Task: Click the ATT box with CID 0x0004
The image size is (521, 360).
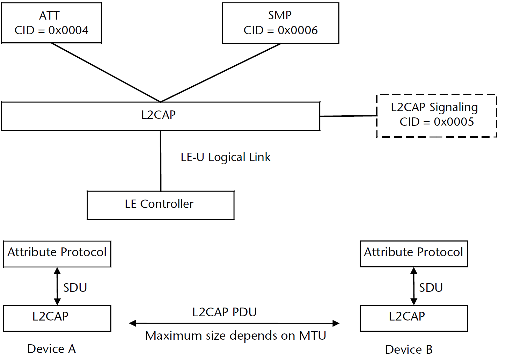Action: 51,23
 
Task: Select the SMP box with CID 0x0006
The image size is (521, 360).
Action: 280,23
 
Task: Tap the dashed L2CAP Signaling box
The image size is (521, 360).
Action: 436,115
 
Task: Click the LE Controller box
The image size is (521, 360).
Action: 160,205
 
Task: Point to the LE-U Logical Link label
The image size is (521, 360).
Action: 225,157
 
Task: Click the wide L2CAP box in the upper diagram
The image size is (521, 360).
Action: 160,116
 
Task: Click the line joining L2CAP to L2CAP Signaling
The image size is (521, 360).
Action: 348,116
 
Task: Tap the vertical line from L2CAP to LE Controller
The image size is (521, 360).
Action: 161,161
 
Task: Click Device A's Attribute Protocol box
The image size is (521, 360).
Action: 57,254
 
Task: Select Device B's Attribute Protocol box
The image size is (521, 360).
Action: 413,254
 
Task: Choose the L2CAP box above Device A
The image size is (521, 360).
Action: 57,318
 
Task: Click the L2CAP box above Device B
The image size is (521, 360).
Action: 413,318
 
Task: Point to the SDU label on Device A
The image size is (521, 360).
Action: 75,288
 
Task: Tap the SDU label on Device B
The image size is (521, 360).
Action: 431,288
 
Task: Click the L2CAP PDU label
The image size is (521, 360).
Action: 225,312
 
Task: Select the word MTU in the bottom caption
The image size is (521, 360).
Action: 313,336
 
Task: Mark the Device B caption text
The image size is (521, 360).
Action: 409,350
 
